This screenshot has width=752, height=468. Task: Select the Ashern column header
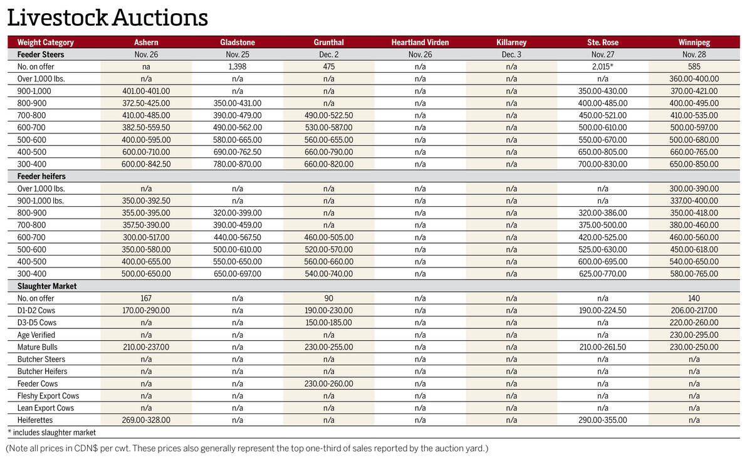(146, 43)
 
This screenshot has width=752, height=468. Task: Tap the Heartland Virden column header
(420, 43)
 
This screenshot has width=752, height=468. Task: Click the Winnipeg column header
(694, 43)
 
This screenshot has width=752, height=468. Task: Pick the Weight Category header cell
(45, 43)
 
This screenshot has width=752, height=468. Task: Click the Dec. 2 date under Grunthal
(328, 55)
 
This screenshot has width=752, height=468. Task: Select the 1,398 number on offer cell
(238, 67)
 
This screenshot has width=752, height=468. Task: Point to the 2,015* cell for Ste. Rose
(602, 67)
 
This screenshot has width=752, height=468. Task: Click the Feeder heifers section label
(41, 177)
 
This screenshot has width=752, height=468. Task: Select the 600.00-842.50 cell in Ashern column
(146, 164)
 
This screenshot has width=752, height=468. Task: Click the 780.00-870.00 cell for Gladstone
(238, 164)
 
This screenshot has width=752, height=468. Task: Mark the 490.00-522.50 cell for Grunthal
(328, 115)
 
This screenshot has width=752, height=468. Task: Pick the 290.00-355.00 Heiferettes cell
(602, 420)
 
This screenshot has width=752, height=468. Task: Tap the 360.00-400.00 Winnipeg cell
(694, 79)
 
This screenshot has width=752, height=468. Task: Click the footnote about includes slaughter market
(52, 432)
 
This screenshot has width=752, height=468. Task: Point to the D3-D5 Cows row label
(37, 323)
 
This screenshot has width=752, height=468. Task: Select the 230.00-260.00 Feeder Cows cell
(328, 383)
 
